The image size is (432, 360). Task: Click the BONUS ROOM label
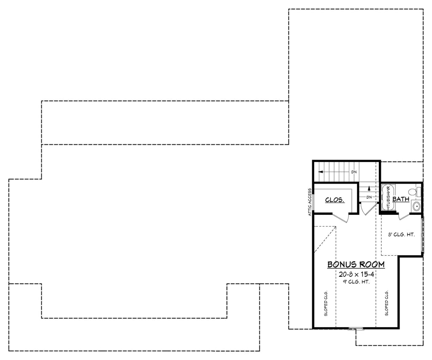click(x=356, y=265)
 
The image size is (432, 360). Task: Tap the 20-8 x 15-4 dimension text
click(x=356, y=274)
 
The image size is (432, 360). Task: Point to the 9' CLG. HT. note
click(x=356, y=282)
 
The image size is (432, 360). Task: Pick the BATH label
click(x=400, y=199)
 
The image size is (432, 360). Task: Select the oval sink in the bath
click(x=416, y=206)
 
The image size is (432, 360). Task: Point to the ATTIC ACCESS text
click(x=310, y=202)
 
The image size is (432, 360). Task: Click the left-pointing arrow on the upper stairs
click(x=321, y=172)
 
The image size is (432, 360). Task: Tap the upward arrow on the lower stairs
click(x=369, y=189)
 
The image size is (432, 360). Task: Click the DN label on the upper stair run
click(x=354, y=172)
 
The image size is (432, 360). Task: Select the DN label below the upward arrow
click(x=369, y=197)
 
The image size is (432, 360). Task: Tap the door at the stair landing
click(x=367, y=210)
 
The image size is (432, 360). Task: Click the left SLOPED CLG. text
click(x=326, y=303)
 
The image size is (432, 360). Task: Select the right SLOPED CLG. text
click(x=386, y=303)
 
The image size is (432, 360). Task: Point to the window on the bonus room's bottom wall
click(x=355, y=328)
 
